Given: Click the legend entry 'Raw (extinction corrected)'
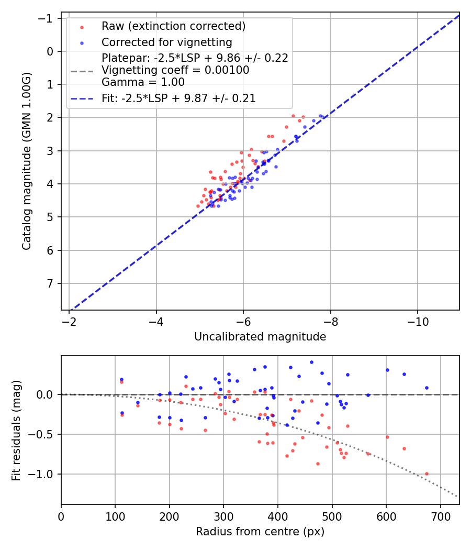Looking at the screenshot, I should [173, 26].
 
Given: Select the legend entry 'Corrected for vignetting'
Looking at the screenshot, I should [166, 42].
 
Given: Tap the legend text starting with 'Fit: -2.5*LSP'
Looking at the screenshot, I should [178, 98].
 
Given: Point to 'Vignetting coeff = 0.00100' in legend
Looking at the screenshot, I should [175, 70].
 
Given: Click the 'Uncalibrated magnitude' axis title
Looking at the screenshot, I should [260, 337].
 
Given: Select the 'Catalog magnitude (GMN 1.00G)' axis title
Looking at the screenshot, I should [27, 161].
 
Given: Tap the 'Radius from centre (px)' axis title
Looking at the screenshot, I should [260, 532].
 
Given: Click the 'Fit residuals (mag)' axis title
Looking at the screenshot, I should [16, 430].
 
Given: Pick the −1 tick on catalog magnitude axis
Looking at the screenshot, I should [48, 18].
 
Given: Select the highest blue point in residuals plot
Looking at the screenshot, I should [311, 362].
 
